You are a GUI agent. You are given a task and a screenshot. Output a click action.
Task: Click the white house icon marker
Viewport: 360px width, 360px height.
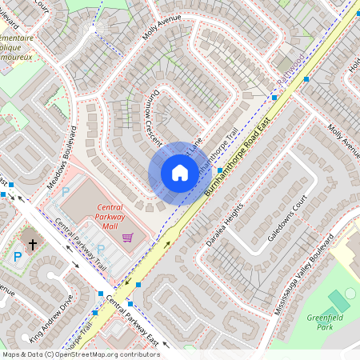point(180,173)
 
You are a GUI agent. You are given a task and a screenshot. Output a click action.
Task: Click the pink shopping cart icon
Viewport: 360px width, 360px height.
point(127,238)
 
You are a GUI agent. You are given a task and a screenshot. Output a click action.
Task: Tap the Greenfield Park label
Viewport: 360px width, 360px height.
point(324,322)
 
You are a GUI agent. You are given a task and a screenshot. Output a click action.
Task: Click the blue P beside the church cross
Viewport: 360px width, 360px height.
point(18,257)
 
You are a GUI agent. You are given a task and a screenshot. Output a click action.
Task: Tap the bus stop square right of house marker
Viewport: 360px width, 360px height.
point(220,170)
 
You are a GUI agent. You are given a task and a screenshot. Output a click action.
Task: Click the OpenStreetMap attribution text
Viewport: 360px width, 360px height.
point(81,354)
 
